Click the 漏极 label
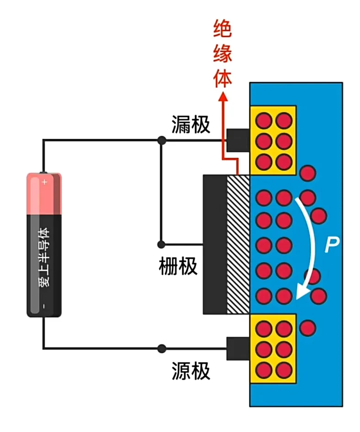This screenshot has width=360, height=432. [x=191, y=124]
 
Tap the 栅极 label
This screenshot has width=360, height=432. [x=179, y=266]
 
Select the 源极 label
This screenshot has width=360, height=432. [x=191, y=371]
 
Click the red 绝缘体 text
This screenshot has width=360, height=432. [x=223, y=55]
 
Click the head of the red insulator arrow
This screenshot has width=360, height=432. [x=223, y=96]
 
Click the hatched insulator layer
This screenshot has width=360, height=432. [x=238, y=244]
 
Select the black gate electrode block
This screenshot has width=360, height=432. [x=214, y=244]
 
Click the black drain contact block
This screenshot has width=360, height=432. [x=238, y=140]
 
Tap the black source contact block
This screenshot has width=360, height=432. [x=238, y=348]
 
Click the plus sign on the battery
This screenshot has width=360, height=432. [x=44, y=182]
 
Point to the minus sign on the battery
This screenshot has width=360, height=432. [x=44, y=307]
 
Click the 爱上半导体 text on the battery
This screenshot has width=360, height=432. [x=44, y=256]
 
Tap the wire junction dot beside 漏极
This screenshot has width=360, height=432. [x=161, y=140]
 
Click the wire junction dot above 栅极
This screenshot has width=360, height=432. [x=161, y=244]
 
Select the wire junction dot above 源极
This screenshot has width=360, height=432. [x=161, y=348]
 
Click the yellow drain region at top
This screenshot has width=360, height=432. [x=273, y=140]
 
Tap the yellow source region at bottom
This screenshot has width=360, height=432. [x=273, y=348]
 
